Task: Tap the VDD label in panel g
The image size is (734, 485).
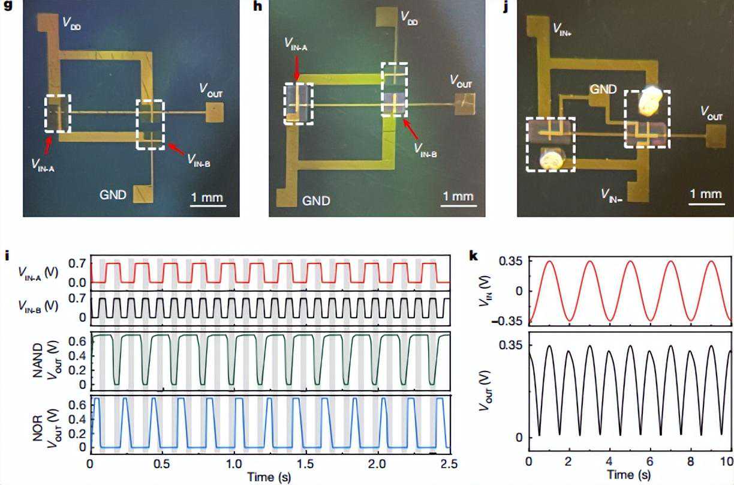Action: pyautogui.click(x=76, y=24)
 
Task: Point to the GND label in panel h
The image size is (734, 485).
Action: pyautogui.click(x=316, y=200)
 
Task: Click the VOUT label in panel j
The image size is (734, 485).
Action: pyautogui.click(x=712, y=113)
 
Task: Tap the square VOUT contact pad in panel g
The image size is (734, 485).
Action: pyautogui.click(x=215, y=112)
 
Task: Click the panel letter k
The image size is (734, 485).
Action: pyautogui.click(x=474, y=255)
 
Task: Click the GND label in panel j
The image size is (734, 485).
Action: pyautogui.click(x=603, y=89)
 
